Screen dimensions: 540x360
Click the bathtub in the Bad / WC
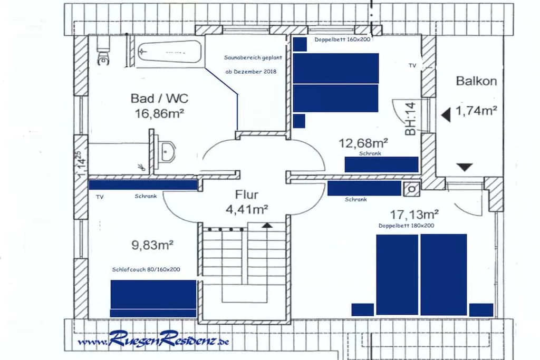coord(169,52)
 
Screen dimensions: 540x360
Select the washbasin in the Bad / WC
coord(167,152)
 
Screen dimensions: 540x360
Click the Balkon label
coord(476,81)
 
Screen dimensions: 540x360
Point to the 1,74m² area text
coord(476,111)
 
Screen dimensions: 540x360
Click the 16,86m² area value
coord(159,113)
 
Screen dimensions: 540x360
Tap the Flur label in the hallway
coord(246,194)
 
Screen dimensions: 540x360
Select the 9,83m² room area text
coord(152,245)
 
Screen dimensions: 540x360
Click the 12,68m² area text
coord(363,142)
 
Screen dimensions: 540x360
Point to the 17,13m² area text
coord(414,215)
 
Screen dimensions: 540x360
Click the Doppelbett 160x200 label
coord(342,39)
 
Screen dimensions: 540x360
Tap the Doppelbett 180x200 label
coord(406,226)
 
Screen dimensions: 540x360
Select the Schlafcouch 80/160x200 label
coord(146,269)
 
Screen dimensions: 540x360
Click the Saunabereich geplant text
coord(253,58)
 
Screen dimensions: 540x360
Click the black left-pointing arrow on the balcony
coord(446,115)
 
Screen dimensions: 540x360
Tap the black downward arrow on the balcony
coord(465,167)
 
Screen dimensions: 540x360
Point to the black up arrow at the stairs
coord(267,225)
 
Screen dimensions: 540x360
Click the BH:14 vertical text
coord(410,119)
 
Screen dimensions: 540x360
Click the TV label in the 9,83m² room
coord(100,197)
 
